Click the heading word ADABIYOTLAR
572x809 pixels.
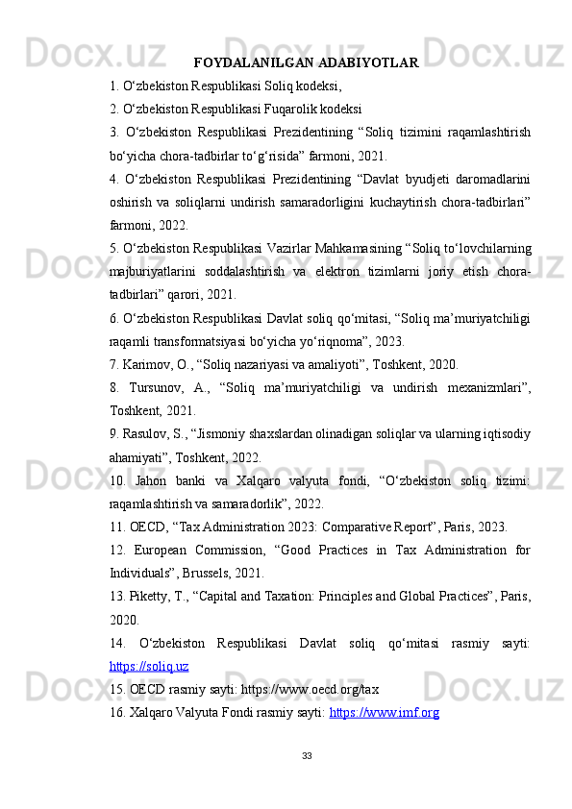pos(371,63)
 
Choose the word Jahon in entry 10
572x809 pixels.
pos(160,480)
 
